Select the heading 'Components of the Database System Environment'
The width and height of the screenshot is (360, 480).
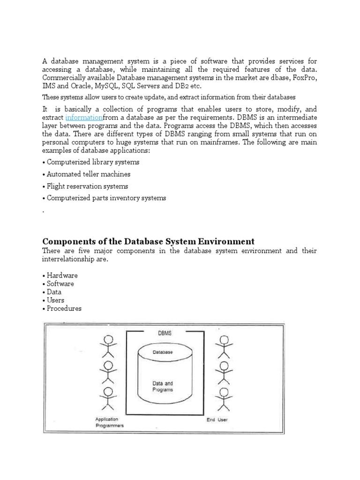click(x=148, y=241)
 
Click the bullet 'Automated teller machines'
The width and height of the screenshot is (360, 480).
click(x=86, y=174)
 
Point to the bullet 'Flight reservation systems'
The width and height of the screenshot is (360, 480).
click(x=85, y=186)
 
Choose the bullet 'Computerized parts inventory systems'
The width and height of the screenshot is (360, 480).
click(x=104, y=198)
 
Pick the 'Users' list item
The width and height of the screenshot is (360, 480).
click(x=54, y=300)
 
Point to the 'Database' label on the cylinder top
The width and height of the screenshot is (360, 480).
click(x=163, y=352)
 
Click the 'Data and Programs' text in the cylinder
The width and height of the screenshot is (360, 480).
click(x=163, y=386)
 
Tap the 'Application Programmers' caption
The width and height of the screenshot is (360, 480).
click(x=109, y=422)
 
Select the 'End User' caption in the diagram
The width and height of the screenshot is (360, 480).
click(x=217, y=420)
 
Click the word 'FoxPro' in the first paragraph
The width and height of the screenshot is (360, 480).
click(x=305, y=78)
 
